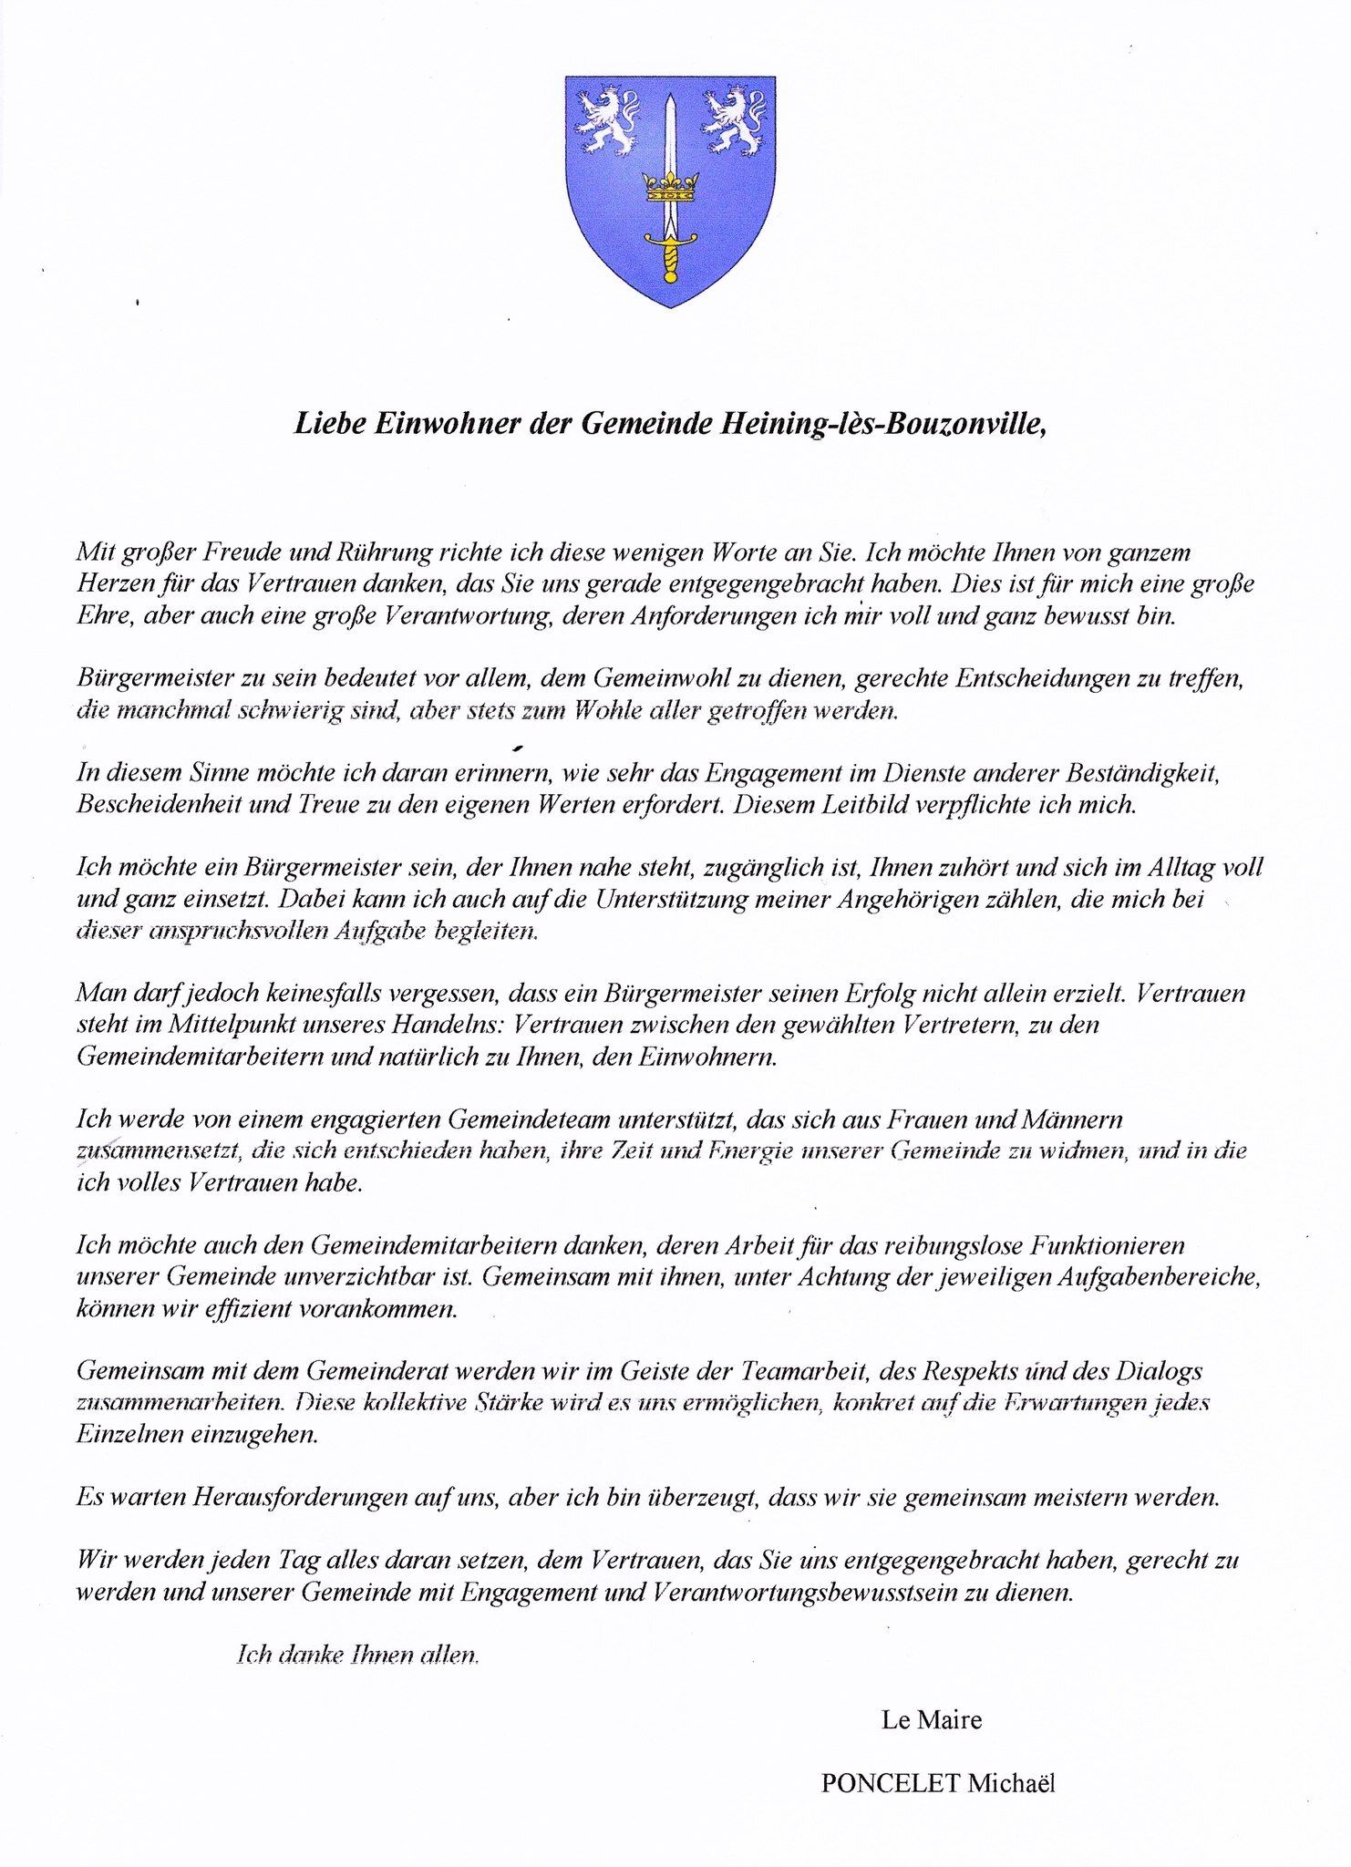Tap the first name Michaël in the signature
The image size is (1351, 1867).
1012,1784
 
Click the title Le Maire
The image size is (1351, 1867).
932,1720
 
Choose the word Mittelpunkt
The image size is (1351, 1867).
222,1025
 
